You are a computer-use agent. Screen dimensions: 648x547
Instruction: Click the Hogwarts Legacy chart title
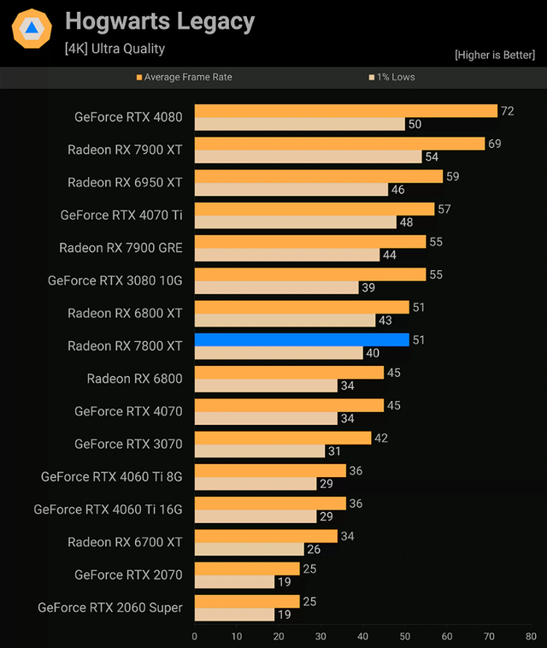tap(160, 21)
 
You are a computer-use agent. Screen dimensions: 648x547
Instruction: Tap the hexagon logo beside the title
tap(31, 28)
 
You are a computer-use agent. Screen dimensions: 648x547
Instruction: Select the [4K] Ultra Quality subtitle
tap(115, 49)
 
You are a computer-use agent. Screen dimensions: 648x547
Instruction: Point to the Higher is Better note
tap(497, 56)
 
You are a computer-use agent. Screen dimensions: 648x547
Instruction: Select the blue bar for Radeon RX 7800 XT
tap(302, 339)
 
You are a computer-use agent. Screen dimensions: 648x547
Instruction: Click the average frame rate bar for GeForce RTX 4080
tap(346, 111)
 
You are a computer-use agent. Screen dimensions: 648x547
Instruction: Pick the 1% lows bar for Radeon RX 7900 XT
tap(309, 157)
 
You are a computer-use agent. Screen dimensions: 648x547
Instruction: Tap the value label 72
tap(508, 111)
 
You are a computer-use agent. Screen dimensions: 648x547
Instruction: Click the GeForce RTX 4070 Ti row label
tap(121, 215)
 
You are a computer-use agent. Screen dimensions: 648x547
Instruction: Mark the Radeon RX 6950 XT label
tap(125, 182)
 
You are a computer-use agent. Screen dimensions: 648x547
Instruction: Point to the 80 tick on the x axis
tap(531, 636)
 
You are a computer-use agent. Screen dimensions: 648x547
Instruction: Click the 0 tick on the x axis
tap(195, 636)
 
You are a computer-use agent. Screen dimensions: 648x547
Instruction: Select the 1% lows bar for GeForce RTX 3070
tap(260, 451)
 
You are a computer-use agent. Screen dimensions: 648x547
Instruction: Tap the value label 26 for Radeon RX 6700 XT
tap(315, 549)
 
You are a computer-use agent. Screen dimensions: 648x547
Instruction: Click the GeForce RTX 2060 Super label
tap(110, 607)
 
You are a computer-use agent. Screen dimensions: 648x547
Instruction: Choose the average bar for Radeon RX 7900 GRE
tap(310, 242)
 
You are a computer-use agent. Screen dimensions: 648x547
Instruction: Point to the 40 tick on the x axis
tap(363, 636)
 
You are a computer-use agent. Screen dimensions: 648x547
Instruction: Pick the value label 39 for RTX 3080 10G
tap(369, 287)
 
